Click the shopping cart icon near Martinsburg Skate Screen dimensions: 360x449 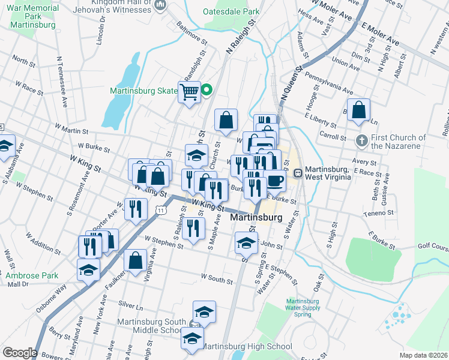[x=190, y=92]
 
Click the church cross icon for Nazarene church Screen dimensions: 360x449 [x=361, y=141]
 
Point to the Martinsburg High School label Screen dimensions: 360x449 [x=247, y=346]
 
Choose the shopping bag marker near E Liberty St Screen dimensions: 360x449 [x=358, y=110]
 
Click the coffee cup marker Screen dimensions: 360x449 [x=275, y=180]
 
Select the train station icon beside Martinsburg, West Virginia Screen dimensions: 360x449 [x=298, y=172]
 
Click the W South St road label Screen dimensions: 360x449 [x=217, y=278]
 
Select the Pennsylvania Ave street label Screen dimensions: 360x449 [x=328, y=83]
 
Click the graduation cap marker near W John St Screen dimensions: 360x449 [x=246, y=243]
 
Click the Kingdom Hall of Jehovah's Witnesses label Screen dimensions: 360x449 [x=106, y=5]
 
